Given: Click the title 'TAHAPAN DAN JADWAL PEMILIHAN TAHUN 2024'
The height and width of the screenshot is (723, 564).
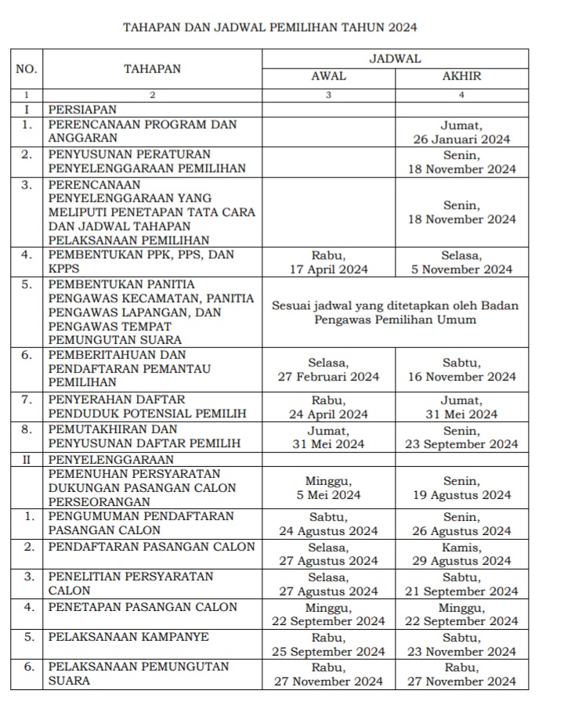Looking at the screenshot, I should [270, 27].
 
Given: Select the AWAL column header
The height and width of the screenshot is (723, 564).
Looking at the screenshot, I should [328, 77].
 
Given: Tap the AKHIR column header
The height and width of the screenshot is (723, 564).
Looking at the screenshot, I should [461, 77].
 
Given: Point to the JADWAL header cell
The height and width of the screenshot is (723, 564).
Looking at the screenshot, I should [395, 59].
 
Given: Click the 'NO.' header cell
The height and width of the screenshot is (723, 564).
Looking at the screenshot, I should [27, 69].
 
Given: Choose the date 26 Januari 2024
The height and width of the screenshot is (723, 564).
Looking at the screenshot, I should [462, 139].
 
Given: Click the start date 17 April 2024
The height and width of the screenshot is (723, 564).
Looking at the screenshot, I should [329, 269].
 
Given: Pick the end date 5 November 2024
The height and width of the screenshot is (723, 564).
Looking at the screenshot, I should [462, 269].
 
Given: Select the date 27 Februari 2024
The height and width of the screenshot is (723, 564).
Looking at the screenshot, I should [329, 377].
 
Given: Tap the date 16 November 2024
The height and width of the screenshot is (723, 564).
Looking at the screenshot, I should [462, 377].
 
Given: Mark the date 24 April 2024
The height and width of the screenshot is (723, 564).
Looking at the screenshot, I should [329, 414].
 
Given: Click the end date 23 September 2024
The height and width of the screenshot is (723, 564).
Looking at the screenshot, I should [462, 444].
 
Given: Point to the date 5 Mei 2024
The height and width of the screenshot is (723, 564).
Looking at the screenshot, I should [329, 495].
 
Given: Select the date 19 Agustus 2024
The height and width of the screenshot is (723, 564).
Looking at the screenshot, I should [462, 495].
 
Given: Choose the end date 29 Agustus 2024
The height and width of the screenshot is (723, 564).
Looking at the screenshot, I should [462, 562].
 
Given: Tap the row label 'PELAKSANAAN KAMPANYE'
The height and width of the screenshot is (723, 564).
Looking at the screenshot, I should [128, 637].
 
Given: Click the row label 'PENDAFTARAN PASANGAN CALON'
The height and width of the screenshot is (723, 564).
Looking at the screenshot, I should [151, 547].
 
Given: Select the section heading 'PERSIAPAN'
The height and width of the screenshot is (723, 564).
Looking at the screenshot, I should [82, 110].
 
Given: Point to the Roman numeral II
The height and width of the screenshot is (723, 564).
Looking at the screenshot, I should [27, 459].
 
